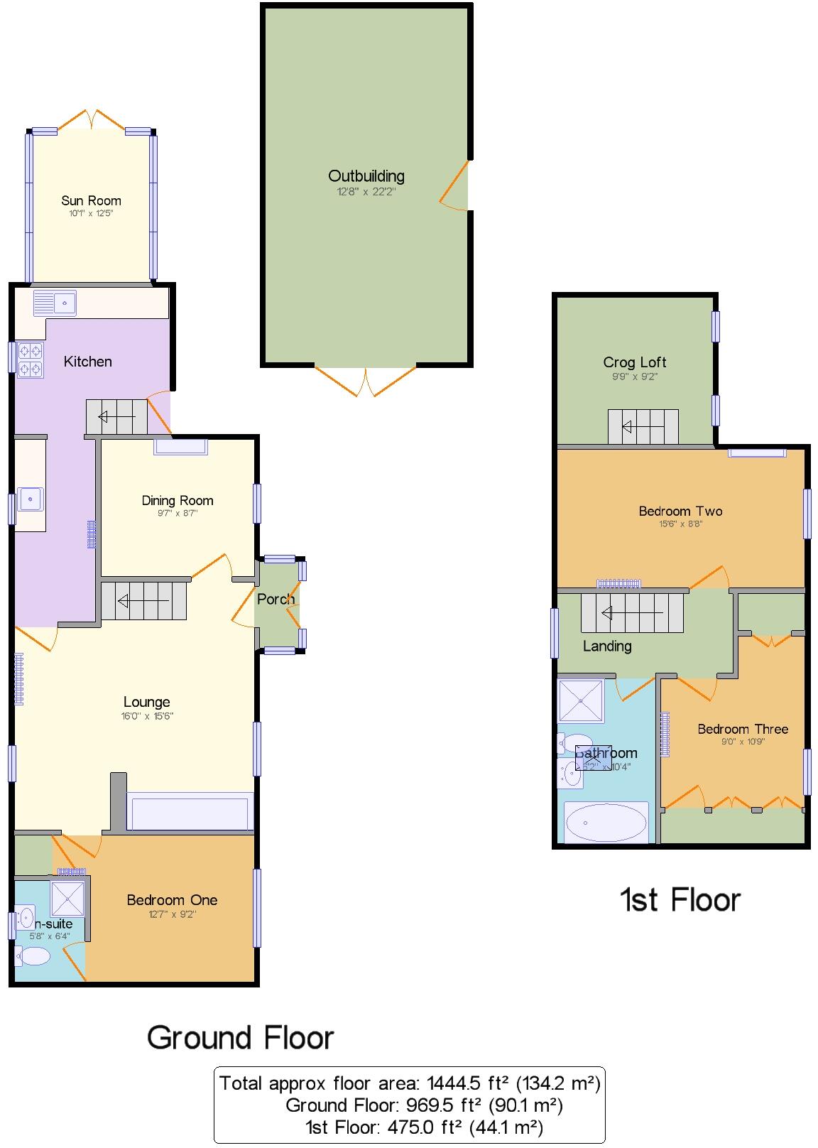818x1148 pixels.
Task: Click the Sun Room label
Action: click(91, 201)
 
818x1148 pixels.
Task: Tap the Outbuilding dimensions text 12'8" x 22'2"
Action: click(366, 192)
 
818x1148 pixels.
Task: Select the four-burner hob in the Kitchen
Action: click(31, 359)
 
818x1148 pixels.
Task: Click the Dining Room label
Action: click(177, 500)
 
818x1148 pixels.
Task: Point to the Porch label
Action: click(276, 599)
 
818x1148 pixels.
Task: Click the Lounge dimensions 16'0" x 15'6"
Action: click(147, 716)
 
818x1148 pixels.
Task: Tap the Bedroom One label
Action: click(172, 900)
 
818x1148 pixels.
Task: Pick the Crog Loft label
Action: click(634, 362)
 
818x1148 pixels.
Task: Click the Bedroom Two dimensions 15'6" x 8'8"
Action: click(680, 524)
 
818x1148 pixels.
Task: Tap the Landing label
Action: click(606, 646)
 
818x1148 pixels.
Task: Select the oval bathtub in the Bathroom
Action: click(606, 823)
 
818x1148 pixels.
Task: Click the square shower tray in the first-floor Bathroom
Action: click(581, 701)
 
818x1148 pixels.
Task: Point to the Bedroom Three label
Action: click(743, 729)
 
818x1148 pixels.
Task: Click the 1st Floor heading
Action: click(680, 900)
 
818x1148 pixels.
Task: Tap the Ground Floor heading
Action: click(240, 1038)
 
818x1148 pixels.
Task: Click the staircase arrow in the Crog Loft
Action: click(643, 427)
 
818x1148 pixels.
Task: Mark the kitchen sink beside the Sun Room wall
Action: click(55, 303)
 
